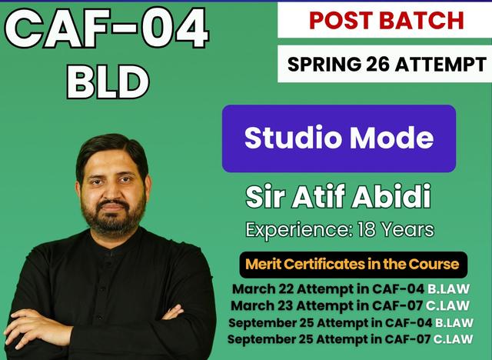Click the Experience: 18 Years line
339,229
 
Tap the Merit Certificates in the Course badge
352,265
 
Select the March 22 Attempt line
352,290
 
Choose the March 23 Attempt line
352,306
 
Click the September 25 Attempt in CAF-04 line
351,322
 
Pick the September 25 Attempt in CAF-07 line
351,338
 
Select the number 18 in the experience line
365,229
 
